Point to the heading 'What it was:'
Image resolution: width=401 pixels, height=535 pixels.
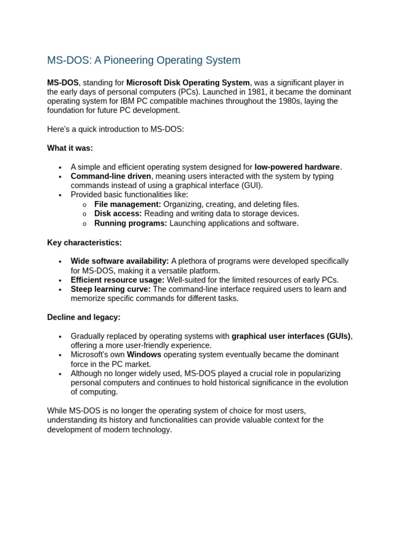[x=70, y=148]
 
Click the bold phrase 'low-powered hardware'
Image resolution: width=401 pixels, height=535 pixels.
[x=297, y=167]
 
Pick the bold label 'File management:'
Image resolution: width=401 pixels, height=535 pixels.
[x=127, y=204]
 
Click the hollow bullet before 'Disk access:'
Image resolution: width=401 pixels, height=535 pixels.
[x=85, y=214]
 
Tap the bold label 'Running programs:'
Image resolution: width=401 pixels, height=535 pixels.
[x=131, y=223]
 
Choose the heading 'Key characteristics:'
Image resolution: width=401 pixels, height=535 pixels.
[x=85, y=243]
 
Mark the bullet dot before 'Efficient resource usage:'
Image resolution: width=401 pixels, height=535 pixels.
[x=60, y=280]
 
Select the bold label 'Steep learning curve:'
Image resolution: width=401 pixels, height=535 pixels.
[x=111, y=289]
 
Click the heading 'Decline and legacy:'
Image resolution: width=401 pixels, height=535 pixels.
[x=84, y=317]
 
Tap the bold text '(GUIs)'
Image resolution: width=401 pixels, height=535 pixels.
[x=338, y=336]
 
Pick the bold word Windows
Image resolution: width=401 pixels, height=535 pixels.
[x=144, y=355]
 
